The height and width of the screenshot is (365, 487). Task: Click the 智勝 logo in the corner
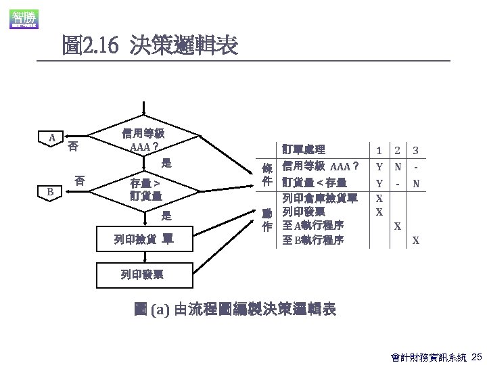pyautogui.click(x=23, y=19)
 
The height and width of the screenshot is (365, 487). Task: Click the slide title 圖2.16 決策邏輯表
pyautogui.click(x=149, y=46)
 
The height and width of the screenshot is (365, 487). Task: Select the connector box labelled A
pyautogui.click(x=52, y=139)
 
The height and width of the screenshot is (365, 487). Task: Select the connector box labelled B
pyautogui.click(x=50, y=192)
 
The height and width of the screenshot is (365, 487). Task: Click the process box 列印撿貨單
pyautogui.click(x=143, y=239)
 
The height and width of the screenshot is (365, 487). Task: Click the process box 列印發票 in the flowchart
pyautogui.click(x=142, y=274)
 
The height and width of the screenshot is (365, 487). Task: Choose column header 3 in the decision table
pyautogui.click(x=415, y=150)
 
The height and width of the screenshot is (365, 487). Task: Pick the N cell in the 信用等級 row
pyautogui.click(x=398, y=166)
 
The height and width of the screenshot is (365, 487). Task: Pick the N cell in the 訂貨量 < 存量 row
pyautogui.click(x=415, y=183)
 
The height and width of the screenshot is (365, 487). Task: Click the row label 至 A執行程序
pyautogui.click(x=313, y=226)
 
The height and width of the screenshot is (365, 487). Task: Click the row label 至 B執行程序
pyautogui.click(x=313, y=240)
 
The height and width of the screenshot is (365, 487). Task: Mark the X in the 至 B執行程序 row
pyautogui.click(x=415, y=241)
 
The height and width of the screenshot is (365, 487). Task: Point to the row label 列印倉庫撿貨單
pyautogui.click(x=319, y=198)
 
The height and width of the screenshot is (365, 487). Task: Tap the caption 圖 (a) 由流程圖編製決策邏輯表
pyautogui.click(x=235, y=310)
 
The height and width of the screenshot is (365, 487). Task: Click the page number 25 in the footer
pyautogui.click(x=476, y=356)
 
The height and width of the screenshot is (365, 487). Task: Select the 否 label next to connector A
pyautogui.click(x=72, y=146)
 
